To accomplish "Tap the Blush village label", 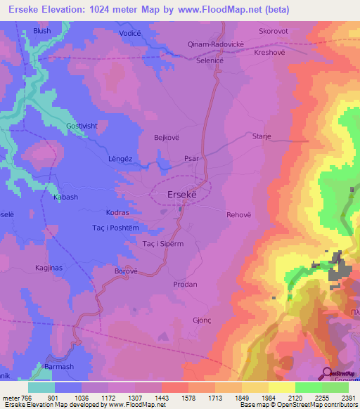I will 42,32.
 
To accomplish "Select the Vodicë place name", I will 131,34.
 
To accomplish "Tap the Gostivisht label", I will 79,126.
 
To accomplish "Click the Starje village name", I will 262,138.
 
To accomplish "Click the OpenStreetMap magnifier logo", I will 326,373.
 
